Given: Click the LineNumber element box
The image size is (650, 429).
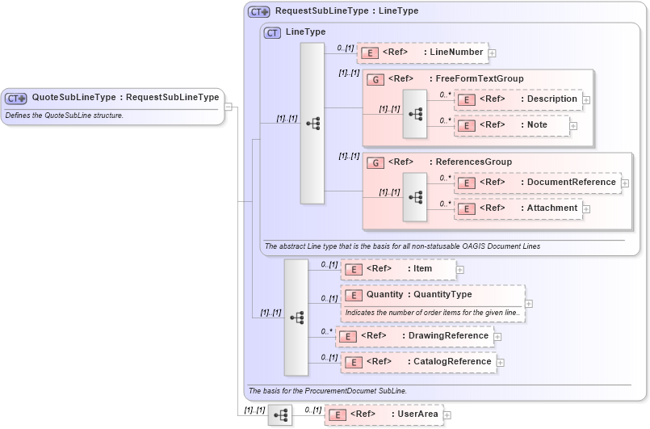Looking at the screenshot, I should coord(422,53).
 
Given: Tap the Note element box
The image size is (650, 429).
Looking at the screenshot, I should coord(512,125).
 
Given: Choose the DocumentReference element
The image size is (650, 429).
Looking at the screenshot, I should coord(538,183).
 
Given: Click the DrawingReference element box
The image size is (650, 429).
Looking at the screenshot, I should coord(415,336).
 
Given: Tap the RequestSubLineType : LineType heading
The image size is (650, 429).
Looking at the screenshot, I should coord(346,11).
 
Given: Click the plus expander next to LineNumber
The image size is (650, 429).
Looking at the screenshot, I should coord(493,53).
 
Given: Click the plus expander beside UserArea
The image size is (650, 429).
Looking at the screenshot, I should coord(447,415).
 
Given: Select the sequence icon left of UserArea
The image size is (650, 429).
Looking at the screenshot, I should coord(280,415).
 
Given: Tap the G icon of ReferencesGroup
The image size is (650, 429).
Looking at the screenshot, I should coord(375,162).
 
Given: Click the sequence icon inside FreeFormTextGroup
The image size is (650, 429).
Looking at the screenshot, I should coord(415,113).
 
